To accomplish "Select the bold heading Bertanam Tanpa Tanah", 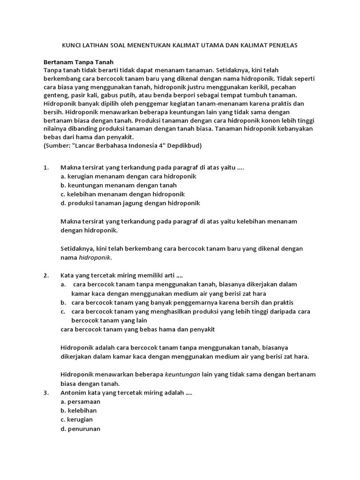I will point(79,62).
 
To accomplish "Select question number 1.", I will point(46,167).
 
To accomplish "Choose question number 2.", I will point(46,275).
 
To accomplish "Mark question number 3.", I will point(46,393).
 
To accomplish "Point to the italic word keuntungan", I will point(182,374).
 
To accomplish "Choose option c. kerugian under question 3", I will point(77,420).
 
